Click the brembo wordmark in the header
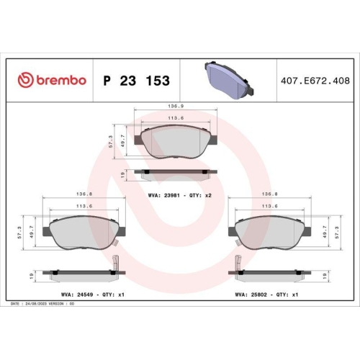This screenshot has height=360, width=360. coord(59,80)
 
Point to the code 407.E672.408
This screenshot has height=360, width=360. coord(310,80)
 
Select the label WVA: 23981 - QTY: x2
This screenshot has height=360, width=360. coord(178,194)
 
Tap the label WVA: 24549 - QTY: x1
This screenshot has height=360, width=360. coord(84,294)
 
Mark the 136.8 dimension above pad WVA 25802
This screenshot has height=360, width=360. coord(269,194)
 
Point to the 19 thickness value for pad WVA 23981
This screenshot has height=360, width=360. coord(124,174)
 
